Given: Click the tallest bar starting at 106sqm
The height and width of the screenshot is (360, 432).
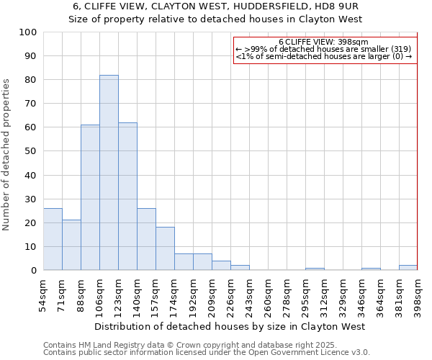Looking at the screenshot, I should tap(109, 173).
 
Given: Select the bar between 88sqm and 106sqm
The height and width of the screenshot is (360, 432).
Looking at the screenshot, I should tap(90, 198).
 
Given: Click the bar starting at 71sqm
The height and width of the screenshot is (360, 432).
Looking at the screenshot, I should tap(71, 245).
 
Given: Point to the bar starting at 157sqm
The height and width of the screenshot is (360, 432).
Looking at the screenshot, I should tap(165, 248).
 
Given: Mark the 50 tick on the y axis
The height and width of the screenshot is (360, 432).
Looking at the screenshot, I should tap(31, 151).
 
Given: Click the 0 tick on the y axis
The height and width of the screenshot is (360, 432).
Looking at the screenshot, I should tap(34, 271).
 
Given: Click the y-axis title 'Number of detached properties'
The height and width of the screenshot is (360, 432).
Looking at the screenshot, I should tap(7, 154).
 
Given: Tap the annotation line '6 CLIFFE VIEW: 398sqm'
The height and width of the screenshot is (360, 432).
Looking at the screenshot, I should tap(323, 42).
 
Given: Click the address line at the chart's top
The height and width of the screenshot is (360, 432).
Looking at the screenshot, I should tap(215, 6).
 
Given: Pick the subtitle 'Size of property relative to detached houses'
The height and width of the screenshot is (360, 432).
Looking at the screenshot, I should tap(215, 19).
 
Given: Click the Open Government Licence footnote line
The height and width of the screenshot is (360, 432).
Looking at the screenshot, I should tap(207, 352).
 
